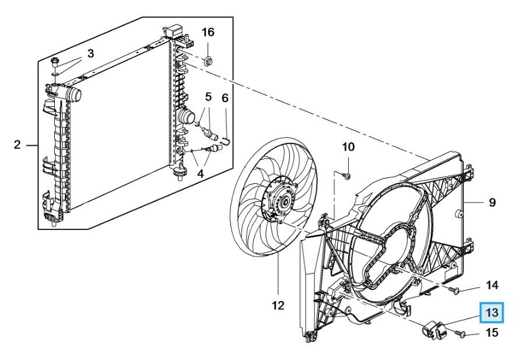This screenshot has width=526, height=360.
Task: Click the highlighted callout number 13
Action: [492, 313]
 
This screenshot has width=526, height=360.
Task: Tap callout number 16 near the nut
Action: [208, 32]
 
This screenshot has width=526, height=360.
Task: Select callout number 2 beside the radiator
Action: [17, 145]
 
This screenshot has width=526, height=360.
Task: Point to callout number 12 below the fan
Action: [278, 305]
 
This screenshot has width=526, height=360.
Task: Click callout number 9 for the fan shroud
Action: [492, 202]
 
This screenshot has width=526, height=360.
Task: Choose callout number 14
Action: [492, 285]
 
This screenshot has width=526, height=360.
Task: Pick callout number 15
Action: [492, 333]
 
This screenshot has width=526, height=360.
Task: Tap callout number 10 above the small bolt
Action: [348, 146]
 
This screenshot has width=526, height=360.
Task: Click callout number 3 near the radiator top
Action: [90, 53]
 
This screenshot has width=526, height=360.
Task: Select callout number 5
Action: [208, 97]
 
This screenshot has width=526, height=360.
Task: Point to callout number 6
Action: [225, 98]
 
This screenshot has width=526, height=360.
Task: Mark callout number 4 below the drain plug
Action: [200, 174]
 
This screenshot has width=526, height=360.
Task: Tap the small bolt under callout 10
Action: [348, 176]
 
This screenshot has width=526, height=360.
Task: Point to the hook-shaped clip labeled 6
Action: [227, 140]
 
